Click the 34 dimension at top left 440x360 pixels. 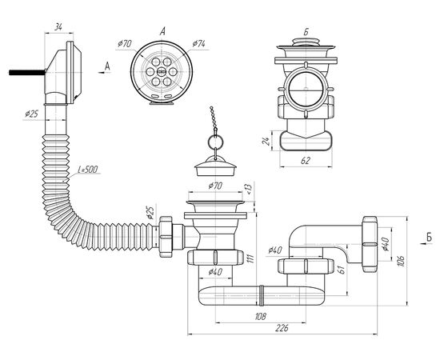(x=58, y=27)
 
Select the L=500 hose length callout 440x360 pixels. (x=87, y=170)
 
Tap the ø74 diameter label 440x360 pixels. (x=198, y=44)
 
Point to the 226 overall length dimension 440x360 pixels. (x=282, y=328)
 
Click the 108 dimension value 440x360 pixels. (x=261, y=317)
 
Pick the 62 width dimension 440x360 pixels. (x=306, y=161)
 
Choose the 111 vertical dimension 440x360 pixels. (x=251, y=258)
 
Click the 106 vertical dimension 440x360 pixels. (x=402, y=261)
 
